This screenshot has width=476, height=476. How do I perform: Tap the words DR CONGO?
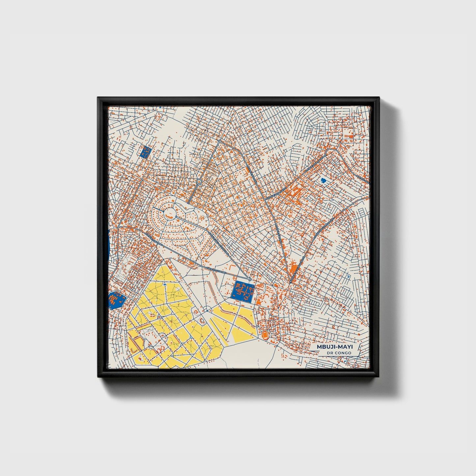click(339, 353)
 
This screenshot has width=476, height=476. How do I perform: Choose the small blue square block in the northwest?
click(145, 152)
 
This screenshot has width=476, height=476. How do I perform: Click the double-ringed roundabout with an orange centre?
click(199, 182)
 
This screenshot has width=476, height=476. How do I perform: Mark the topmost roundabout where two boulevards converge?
click(219, 141)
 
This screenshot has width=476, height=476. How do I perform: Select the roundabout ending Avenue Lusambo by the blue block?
click(250, 279)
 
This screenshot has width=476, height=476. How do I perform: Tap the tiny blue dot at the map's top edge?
click(160, 107)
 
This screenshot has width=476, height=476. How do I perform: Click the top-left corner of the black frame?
click(98, 98)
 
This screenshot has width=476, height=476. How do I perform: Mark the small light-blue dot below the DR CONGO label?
click(345, 361)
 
